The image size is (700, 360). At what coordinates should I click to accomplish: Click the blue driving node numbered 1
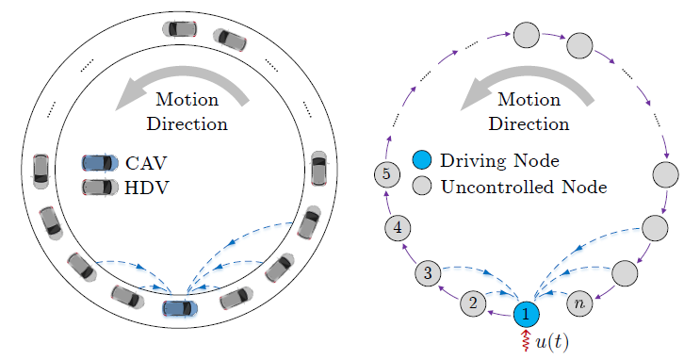[x=527, y=313]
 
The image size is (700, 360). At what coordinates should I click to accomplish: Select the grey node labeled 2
[x=473, y=303]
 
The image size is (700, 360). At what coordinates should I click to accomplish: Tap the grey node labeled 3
[x=429, y=273]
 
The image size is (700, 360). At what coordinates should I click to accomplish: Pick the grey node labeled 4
[x=399, y=227]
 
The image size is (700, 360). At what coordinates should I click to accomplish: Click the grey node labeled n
[x=579, y=303]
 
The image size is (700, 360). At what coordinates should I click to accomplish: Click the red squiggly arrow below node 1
[x=527, y=341]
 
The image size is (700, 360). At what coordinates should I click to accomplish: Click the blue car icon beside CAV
[x=100, y=163]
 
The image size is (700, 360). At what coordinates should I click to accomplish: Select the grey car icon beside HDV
[x=100, y=187]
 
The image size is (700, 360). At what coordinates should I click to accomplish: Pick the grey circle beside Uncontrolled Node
[x=422, y=187]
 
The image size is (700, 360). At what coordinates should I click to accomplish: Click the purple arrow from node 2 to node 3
[x=448, y=292]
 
